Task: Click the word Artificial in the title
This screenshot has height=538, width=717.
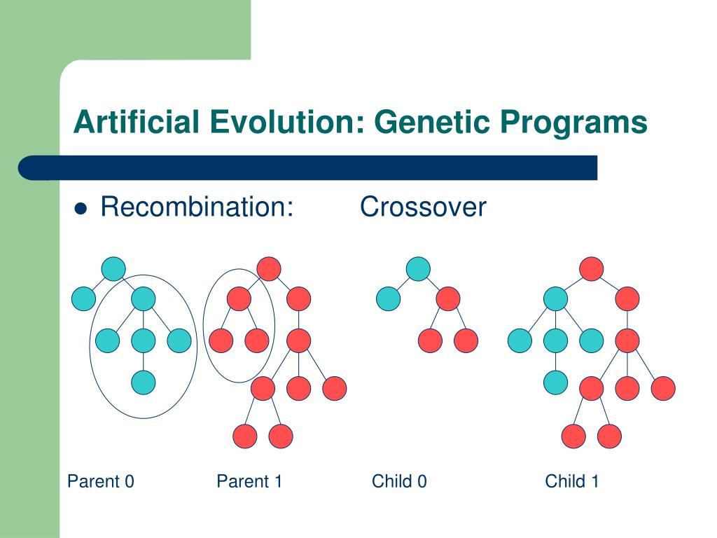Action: (137, 122)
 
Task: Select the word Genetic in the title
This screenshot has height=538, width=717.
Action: (431, 122)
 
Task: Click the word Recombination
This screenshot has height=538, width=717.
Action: (197, 207)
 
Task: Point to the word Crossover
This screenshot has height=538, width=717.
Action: (423, 207)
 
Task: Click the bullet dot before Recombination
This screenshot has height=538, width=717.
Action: (81, 209)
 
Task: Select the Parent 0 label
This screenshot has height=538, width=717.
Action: (101, 481)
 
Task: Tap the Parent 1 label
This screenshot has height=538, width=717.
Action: (249, 481)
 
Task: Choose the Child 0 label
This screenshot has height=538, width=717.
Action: (399, 481)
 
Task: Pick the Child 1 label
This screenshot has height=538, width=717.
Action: (571, 481)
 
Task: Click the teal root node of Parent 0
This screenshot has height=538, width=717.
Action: (113, 269)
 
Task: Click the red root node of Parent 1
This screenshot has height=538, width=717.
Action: (269, 269)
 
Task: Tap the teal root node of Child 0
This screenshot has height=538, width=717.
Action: (418, 269)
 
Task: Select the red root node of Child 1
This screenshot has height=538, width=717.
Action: (591, 269)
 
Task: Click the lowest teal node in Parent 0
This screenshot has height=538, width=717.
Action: (143, 382)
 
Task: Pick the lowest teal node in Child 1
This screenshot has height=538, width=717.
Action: (555, 382)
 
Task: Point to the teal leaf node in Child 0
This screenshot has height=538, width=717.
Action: (388, 298)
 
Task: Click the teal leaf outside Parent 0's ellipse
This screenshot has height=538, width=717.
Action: (84, 298)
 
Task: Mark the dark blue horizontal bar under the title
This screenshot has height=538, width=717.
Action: (308, 168)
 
